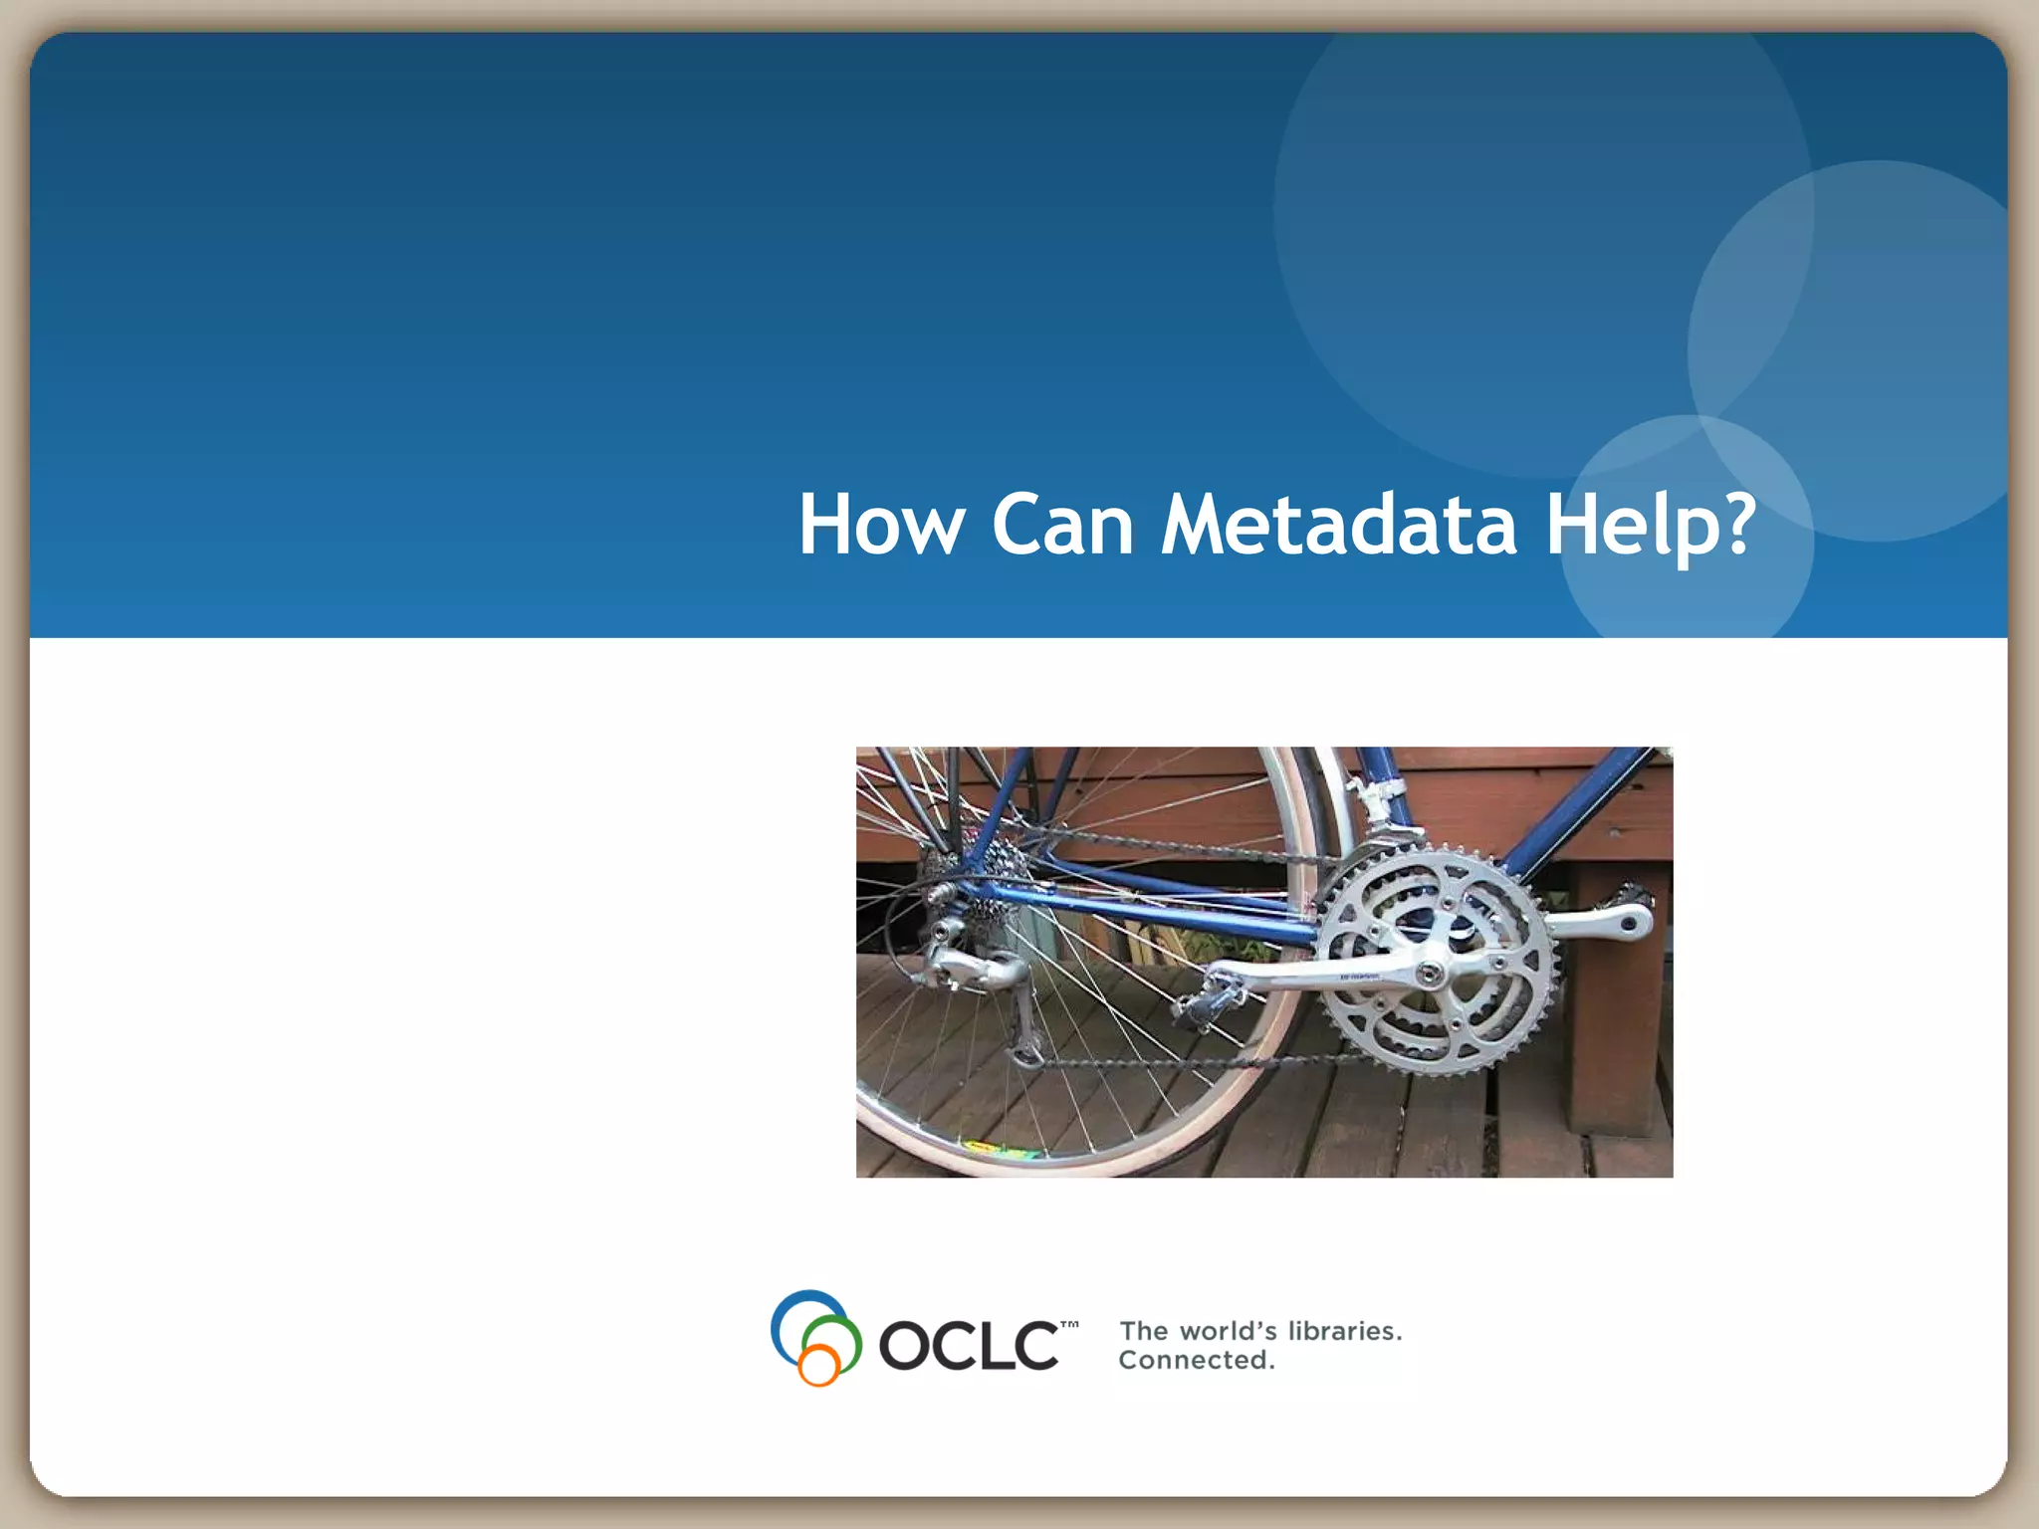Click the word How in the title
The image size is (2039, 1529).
881,525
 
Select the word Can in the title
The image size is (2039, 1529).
1062,525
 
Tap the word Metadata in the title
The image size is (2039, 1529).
1339,525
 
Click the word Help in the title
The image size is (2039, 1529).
1633,525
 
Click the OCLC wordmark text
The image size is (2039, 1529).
968,1346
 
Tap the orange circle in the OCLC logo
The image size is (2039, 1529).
818,1365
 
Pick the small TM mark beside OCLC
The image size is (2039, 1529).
1069,1326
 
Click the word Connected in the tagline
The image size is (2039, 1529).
1196,1360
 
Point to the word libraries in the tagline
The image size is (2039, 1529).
1344,1331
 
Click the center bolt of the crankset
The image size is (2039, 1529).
1431,972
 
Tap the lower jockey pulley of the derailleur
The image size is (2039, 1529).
1027,1050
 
